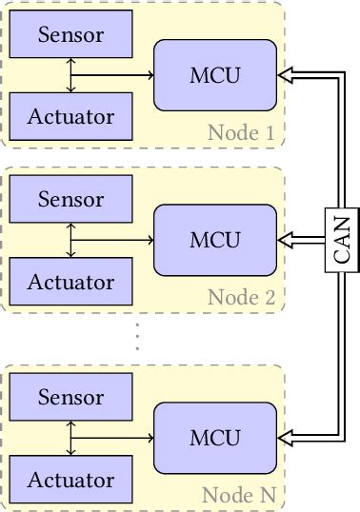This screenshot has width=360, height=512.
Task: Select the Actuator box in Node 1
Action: pos(70,117)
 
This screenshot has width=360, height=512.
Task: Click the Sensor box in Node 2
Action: pos(70,200)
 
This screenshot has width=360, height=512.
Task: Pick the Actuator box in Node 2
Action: pos(70,282)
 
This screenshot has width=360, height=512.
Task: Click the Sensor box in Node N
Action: pos(70,397)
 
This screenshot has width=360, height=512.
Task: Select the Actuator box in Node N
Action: pos(70,480)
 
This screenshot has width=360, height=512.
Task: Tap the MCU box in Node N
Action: pos(215,438)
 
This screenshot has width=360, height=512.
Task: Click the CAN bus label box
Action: pos(340,240)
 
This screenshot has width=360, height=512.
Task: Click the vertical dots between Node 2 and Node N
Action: pos(137,337)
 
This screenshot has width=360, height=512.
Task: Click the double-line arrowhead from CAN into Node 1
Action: pos(282,75)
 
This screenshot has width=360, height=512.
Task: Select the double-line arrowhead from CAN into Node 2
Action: pos(282,240)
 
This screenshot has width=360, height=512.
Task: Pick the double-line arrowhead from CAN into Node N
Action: pos(282,438)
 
